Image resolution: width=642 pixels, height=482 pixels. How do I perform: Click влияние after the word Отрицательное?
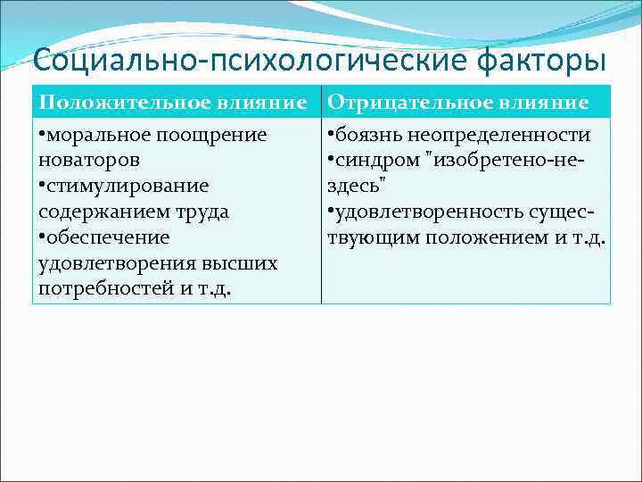[546, 103]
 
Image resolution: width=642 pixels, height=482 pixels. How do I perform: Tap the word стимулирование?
[128, 186]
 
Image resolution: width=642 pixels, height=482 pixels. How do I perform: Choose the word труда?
[203, 212]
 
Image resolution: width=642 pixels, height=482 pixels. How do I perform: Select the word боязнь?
[367, 135]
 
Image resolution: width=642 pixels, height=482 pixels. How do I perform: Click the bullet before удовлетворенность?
[331, 212]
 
